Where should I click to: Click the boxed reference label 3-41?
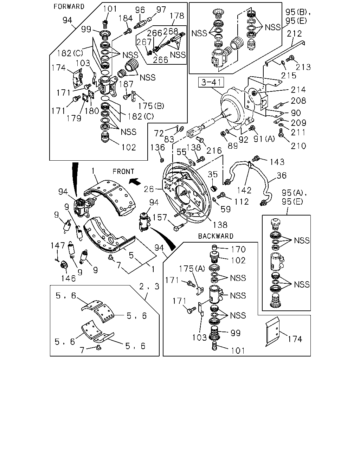click(211, 82)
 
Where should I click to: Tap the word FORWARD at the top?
click(69, 7)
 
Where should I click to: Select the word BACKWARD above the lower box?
click(216, 236)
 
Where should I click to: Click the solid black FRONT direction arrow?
click(135, 181)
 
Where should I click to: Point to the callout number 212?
click(294, 33)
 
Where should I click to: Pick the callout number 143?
click(277, 162)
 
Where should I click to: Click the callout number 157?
click(160, 217)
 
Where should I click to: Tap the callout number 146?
click(68, 278)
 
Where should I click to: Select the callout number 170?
click(238, 249)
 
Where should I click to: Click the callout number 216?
click(214, 150)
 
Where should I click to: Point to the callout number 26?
click(149, 189)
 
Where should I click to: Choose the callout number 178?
click(177, 16)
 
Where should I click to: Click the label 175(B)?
click(151, 106)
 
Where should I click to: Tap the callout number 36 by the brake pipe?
click(281, 175)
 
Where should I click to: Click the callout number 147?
click(58, 245)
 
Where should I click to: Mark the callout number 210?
click(298, 146)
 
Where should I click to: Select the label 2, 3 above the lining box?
click(149, 286)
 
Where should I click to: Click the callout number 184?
click(126, 18)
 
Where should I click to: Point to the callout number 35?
click(213, 174)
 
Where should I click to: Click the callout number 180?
click(92, 111)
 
